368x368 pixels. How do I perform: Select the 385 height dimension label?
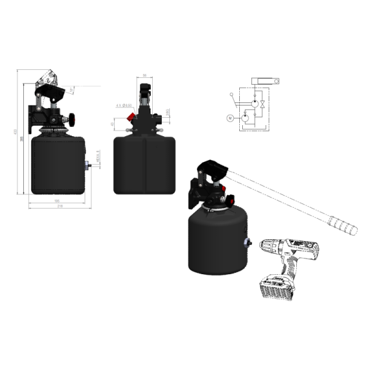[x=22, y=140]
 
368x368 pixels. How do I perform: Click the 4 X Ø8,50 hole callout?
[x=123, y=105]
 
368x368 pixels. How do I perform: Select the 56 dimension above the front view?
[x=144, y=75]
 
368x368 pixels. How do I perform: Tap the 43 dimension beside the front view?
[x=113, y=125]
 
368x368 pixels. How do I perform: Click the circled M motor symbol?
[x=231, y=118]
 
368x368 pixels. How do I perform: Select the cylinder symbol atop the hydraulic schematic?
[x=264, y=81]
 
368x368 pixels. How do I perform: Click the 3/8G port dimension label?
[x=167, y=113]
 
